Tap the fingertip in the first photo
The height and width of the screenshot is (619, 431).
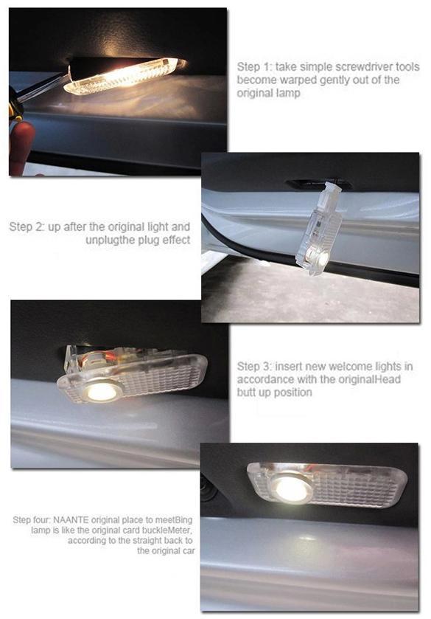21,147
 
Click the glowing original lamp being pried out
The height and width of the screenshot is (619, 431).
125,75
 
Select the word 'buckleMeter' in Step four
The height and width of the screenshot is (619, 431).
172,530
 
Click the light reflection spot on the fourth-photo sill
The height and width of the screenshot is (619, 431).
306,538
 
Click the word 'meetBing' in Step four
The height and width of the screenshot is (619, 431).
178,519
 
